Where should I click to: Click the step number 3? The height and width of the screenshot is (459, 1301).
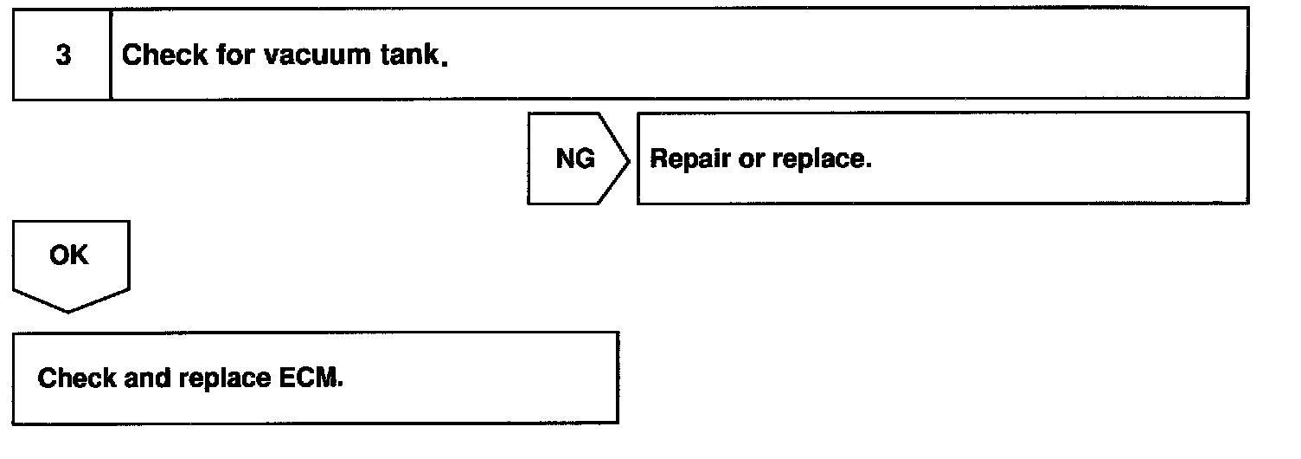[62, 56]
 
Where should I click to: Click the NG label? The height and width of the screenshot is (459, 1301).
[575, 159]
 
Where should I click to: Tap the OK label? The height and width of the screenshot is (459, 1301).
[69, 256]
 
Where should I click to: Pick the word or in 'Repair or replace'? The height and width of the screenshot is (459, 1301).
[750, 160]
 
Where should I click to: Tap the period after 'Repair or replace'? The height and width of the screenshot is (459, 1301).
[868, 167]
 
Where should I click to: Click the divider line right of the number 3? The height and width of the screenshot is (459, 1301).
[111, 55]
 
